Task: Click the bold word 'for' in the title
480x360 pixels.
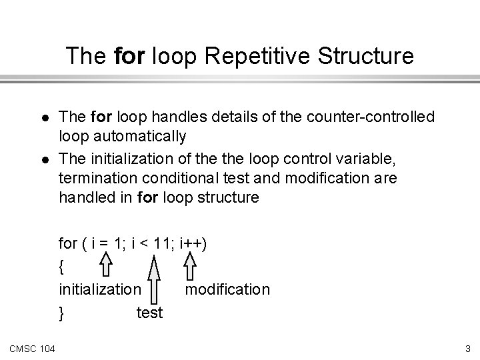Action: tap(127, 57)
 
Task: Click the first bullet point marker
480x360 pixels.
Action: tap(39, 117)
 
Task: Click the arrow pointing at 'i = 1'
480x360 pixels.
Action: tap(106, 265)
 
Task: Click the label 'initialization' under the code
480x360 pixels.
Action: tap(100, 289)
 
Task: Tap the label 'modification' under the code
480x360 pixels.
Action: tap(227, 289)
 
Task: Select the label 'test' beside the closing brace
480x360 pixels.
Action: tap(149, 312)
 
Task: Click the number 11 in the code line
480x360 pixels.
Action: tap(161, 243)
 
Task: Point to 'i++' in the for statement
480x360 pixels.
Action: tap(190, 243)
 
